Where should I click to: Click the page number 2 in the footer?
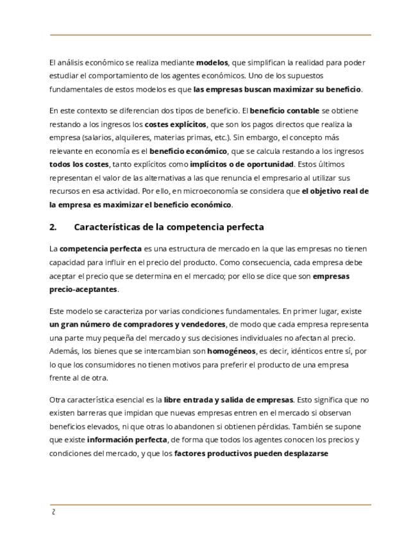coord(53,512)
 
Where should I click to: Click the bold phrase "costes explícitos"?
coord(175,124)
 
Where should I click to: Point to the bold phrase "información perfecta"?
coord(126,440)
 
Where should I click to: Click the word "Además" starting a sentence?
coord(65,352)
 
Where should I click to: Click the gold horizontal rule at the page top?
coord(210,35)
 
